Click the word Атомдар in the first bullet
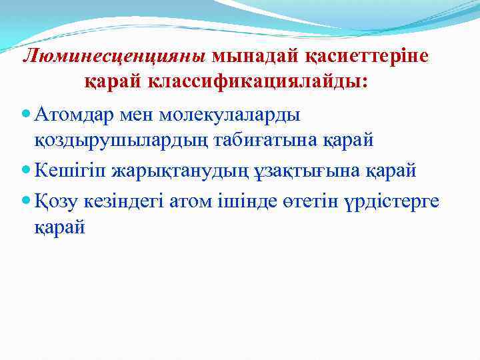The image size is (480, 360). [71, 114]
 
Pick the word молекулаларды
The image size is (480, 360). [233, 114]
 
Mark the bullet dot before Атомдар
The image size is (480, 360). [26, 114]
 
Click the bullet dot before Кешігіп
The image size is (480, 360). [26, 171]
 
